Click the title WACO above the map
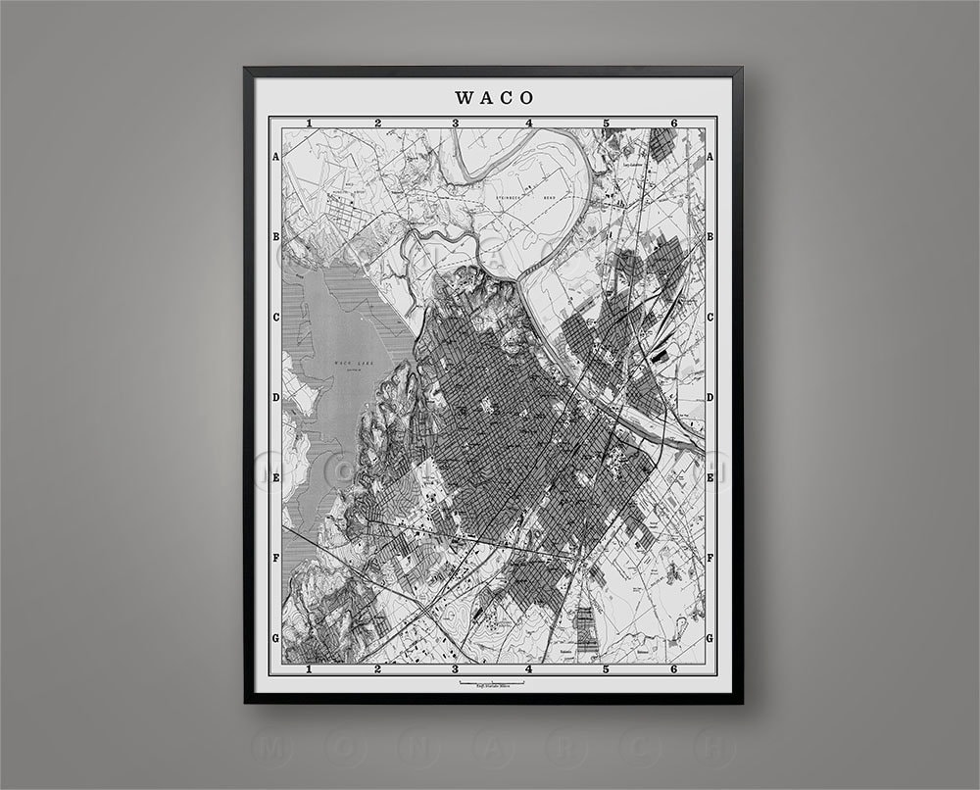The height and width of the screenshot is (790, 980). [x=495, y=97]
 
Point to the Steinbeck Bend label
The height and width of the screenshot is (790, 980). [x=519, y=197]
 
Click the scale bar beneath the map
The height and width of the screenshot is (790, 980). [x=495, y=682]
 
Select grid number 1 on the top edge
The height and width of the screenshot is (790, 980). [x=309, y=123]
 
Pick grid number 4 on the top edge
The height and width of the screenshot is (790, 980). [x=529, y=123]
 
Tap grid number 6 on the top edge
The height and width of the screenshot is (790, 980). [x=674, y=123]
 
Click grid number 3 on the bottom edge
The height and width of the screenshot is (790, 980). [x=455, y=669]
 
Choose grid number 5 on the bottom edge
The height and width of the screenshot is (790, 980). [x=606, y=669]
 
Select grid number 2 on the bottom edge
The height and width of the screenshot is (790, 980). [x=377, y=669]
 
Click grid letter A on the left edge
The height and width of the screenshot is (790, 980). [x=276, y=157]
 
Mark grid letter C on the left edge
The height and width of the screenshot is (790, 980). [x=276, y=318]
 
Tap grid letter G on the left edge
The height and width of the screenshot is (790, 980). [x=276, y=638]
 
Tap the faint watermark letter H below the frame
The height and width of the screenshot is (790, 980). [x=713, y=747]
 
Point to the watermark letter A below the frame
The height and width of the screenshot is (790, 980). [x=490, y=747]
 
